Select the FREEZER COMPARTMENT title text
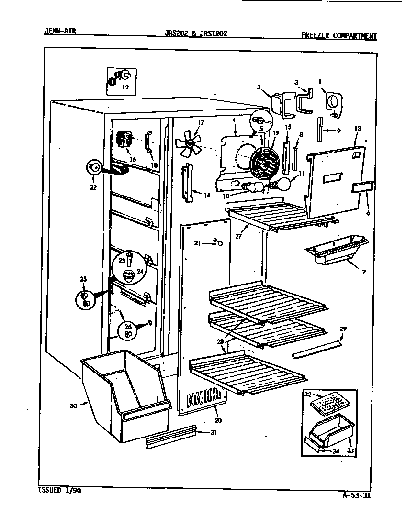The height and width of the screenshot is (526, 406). coord(338,35)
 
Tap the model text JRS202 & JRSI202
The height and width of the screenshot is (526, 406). coord(196,33)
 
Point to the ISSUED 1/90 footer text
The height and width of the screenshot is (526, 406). coord(59,491)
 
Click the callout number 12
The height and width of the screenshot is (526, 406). coord(125,87)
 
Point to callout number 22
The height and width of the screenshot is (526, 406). coord(93,187)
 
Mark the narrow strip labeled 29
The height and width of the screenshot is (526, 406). coord(316,350)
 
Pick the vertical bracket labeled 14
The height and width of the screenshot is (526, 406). coord(187,183)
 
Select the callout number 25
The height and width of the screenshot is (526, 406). coord(84,279)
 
